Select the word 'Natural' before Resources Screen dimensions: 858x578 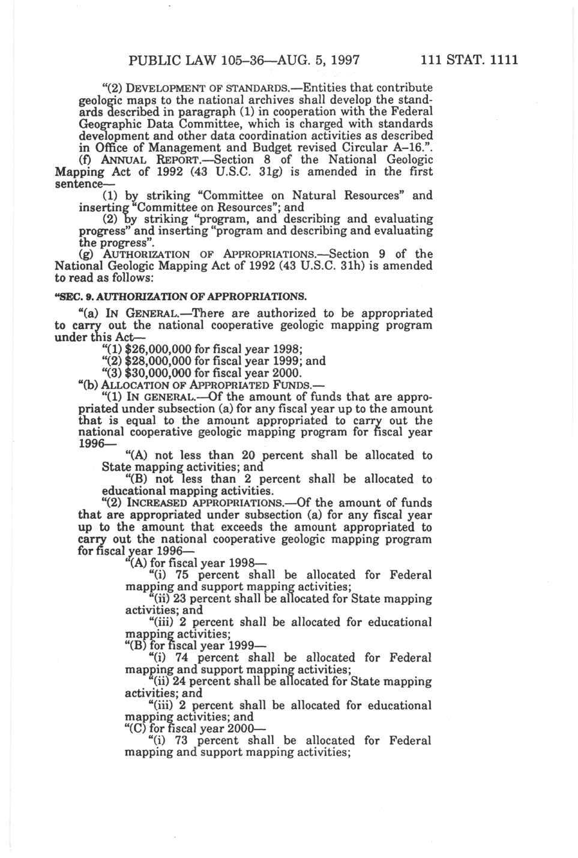(315, 195)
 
